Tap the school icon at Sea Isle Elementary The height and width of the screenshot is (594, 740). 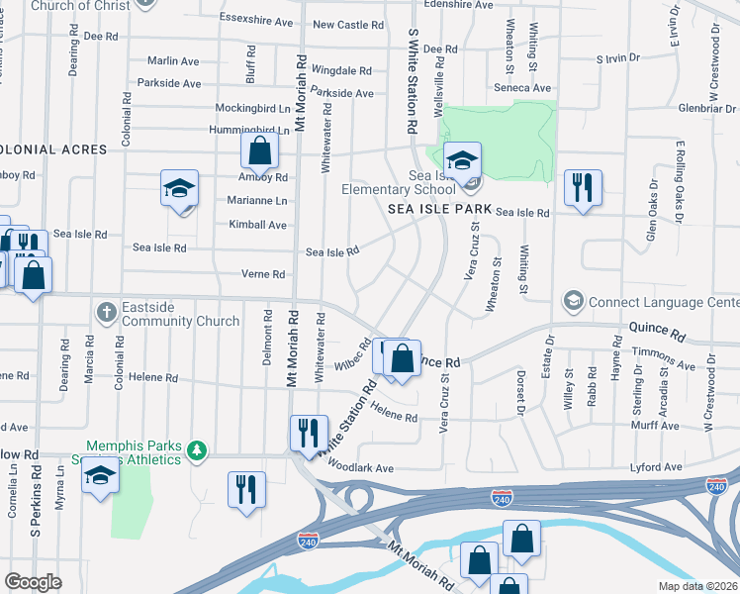462,159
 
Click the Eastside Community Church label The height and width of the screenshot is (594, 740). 181,314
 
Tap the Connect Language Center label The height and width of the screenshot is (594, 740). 663,301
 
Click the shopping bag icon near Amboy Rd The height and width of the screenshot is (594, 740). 259,152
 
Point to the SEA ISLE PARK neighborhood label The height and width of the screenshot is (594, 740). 440,210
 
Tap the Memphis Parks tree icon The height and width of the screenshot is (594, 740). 197,451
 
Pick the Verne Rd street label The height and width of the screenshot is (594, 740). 263,274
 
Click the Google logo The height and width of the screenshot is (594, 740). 34,581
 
